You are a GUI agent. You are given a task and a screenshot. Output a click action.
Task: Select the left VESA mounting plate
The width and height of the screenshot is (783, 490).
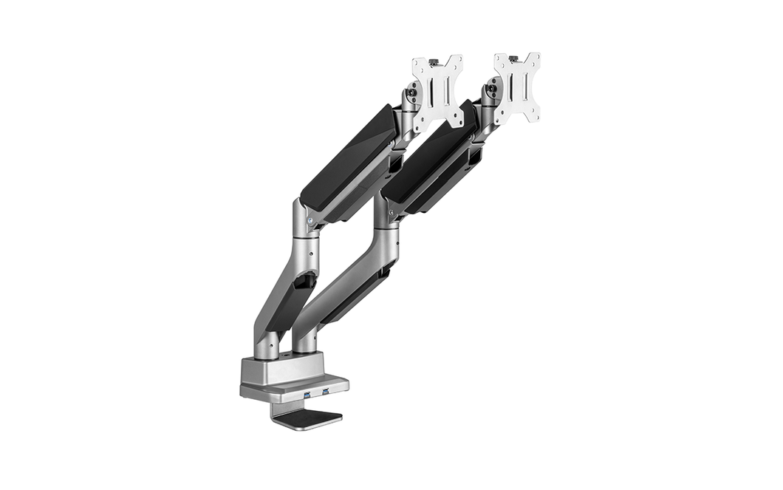[x=437, y=94]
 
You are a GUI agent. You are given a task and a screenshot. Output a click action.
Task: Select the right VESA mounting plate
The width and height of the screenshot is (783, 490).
[x=517, y=88]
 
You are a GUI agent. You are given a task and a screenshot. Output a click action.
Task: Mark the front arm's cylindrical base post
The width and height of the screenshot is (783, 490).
[x=267, y=343]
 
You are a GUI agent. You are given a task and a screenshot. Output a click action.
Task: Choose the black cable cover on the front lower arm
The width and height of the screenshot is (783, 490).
[x=292, y=303]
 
